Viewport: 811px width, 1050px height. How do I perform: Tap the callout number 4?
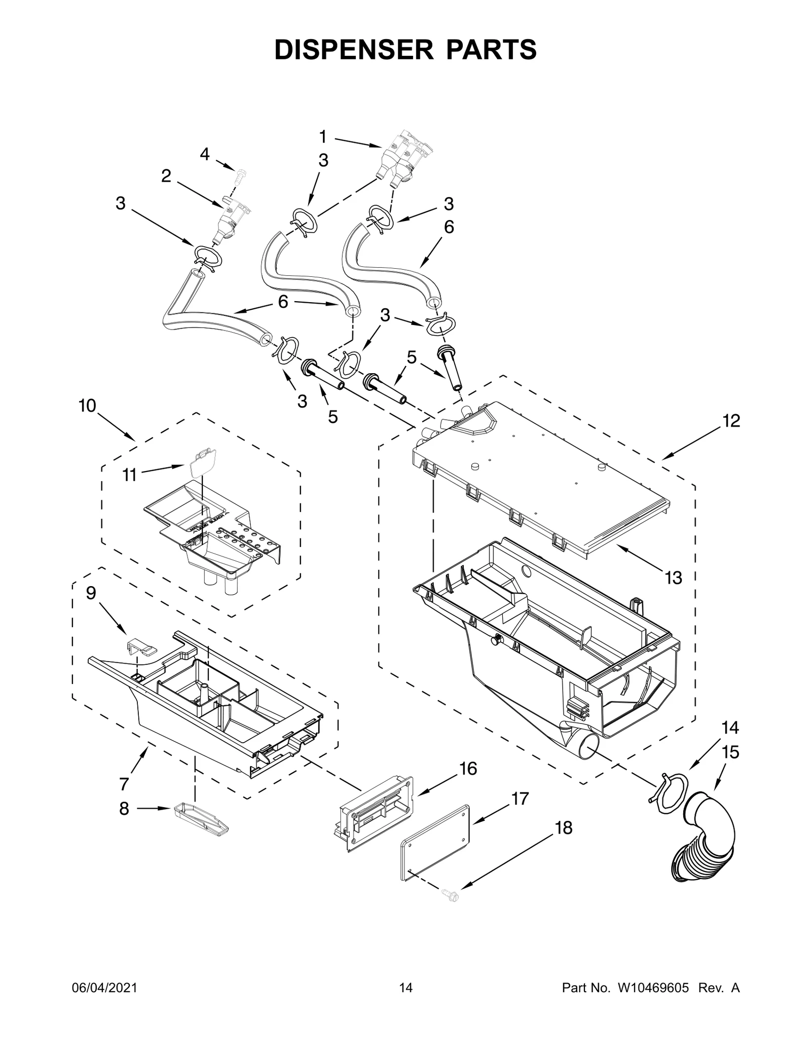click(x=204, y=154)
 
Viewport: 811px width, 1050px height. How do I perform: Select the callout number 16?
click(x=468, y=783)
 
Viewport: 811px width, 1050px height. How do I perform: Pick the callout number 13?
click(x=673, y=577)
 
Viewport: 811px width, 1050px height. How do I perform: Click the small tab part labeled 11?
click(x=202, y=461)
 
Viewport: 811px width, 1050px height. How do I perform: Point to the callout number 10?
click(x=87, y=406)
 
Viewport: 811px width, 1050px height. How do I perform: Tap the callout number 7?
click(x=124, y=784)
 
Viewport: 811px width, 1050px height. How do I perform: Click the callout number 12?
click(x=731, y=420)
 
